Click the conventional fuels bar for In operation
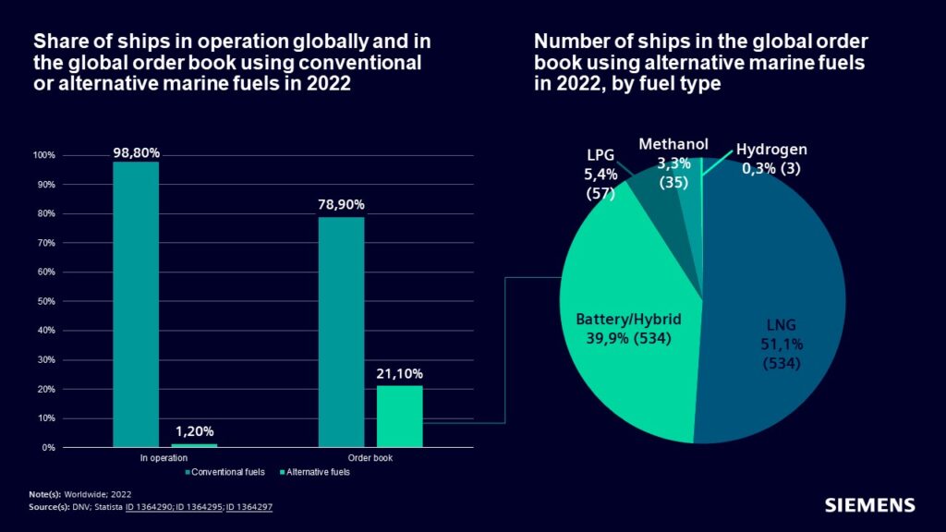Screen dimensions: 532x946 (x=136, y=305)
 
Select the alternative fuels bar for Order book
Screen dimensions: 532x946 (x=400, y=417)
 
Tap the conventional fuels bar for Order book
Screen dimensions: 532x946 (x=341, y=332)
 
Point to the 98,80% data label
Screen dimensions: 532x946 (x=136, y=151)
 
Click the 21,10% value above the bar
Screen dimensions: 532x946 (x=400, y=374)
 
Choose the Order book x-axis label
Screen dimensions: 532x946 (x=370, y=457)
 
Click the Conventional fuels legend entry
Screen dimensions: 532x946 (x=225, y=472)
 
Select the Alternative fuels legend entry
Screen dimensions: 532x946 (x=313, y=472)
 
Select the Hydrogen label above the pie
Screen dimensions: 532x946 (x=771, y=150)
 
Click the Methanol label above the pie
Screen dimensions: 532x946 (x=673, y=144)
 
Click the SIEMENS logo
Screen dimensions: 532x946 (x=869, y=505)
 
